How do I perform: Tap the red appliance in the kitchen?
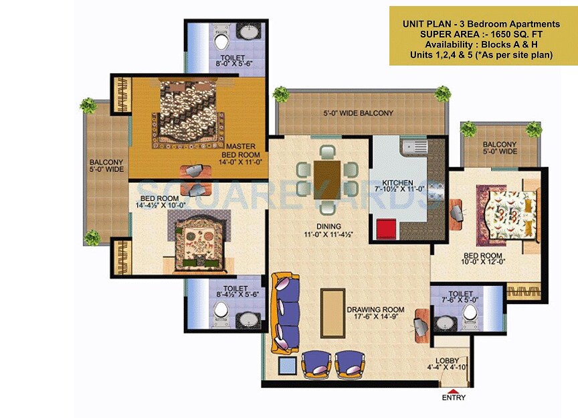pyautogui.click(x=387, y=229)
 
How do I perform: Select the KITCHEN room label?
pyautogui.click(x=397, y=182)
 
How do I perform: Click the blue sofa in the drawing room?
pyautogui.click(x=286, y=311)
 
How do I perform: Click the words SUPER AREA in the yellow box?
pyautogui.click(x=444, y=34)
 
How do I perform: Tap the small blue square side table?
pyautogui.click(x=286, y=366)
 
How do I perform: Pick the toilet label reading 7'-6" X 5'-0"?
pyautogui.click(x=462, y=297)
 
